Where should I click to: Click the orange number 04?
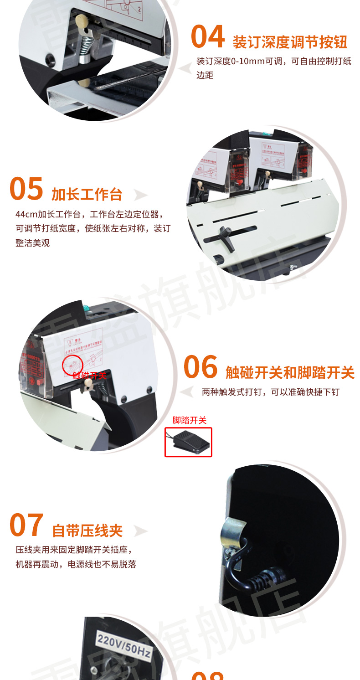tap(208, 37)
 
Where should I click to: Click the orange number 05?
tap(26, 189)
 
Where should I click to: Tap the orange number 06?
tap(201, 367)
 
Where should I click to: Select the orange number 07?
tap(26, 525)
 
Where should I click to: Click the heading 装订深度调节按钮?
tap(290, 42)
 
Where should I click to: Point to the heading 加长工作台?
tap(87, 194)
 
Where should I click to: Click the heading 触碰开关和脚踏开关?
tap(290, 372)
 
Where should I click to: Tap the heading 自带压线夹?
tap(87, 531)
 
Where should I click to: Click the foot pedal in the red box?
tap(188, 442)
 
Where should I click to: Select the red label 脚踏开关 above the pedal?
tap(189, 420)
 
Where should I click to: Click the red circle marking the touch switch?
tap(72, 365)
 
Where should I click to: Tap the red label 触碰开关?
tap(89, 376)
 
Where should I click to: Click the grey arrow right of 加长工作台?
tap(140, 195)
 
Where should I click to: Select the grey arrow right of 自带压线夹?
tap(140, 531)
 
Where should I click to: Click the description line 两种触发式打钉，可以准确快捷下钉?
tap(270, 392)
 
